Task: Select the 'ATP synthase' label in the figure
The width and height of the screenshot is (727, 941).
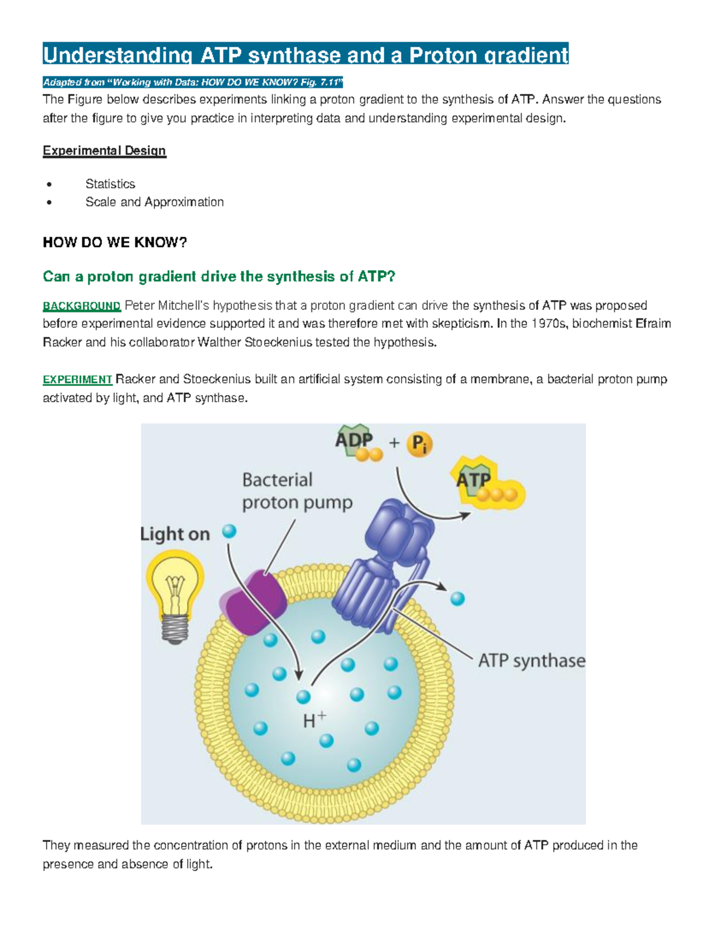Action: click(x=531, y=660)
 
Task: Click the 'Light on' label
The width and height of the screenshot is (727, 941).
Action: click(x=175, y=534)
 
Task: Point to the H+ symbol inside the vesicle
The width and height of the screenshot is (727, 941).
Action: click(x=314, y=720)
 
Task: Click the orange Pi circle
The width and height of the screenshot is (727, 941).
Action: click(x=420, y=444)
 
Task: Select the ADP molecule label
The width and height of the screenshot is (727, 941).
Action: click(x=354, y=441)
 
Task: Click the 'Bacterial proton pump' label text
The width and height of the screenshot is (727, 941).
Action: click(x=297, y=491)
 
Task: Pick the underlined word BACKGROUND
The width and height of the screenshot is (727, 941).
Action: click(x=82, y=306)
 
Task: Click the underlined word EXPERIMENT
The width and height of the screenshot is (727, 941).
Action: click(x=78, y=380)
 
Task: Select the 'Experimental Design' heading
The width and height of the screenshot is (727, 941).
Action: click(x=104, y=151)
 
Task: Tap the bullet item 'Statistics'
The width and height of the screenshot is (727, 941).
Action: click(x=110, y=184)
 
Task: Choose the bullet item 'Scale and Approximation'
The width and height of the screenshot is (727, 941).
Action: click(x=154, y=202)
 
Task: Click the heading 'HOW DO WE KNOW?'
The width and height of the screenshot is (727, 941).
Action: click(x=115, y=243)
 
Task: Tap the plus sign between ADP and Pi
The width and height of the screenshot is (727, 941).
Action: click(x=394, y=443)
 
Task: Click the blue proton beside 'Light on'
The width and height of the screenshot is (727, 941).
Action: click(x=229, y=531)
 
